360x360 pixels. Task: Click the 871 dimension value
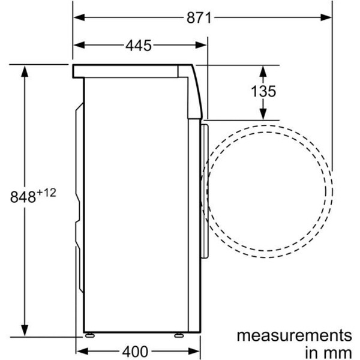(198, 17)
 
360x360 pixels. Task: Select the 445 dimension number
(139, 45)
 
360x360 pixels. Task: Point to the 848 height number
(23, 196)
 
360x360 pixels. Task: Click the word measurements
(293, 334)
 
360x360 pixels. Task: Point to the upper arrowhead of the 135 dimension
(263, 70)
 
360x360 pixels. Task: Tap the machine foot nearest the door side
(178, 334)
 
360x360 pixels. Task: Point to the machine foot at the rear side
(90, 334)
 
